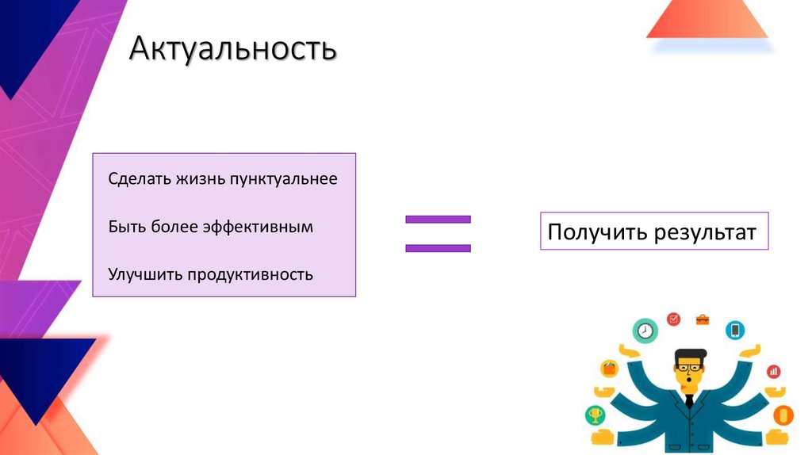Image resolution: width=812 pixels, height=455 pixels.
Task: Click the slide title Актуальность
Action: click(233, 50)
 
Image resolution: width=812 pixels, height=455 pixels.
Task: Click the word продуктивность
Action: click(251, 275)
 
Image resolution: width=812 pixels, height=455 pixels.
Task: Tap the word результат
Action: click(705, 232)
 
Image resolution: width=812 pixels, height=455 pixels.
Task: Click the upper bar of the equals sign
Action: click(438, 219)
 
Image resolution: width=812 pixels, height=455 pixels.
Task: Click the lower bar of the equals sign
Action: click(438, 248)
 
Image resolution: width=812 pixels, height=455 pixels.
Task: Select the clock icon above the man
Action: click(646, 330)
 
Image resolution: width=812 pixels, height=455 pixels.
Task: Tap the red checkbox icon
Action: click(674, 319)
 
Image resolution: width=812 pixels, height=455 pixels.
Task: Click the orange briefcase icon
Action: click(703, 320)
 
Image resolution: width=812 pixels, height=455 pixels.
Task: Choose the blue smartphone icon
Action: click(735, 330)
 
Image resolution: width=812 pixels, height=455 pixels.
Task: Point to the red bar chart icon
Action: click(773, 371)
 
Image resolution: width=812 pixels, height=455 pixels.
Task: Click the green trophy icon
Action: click(595, 415)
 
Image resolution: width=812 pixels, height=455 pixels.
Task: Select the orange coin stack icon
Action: click(784, 415)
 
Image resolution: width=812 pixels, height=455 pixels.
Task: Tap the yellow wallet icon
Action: click(609, 368)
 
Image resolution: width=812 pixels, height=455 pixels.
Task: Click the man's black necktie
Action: click(689, 400)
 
